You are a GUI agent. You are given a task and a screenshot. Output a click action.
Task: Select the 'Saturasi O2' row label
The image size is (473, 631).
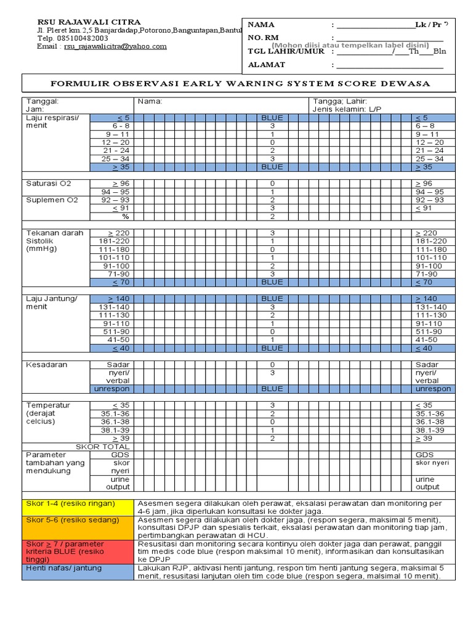coord(49,184)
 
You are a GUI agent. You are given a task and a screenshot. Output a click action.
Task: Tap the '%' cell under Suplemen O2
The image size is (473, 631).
coord(125,216)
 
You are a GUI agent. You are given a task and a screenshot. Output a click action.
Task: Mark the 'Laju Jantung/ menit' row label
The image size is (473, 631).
coord(52,303)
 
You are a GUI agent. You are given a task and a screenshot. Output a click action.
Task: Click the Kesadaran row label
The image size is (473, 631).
coord(47,365)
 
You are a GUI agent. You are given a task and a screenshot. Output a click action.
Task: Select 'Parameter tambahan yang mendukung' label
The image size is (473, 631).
coord(55,463)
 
